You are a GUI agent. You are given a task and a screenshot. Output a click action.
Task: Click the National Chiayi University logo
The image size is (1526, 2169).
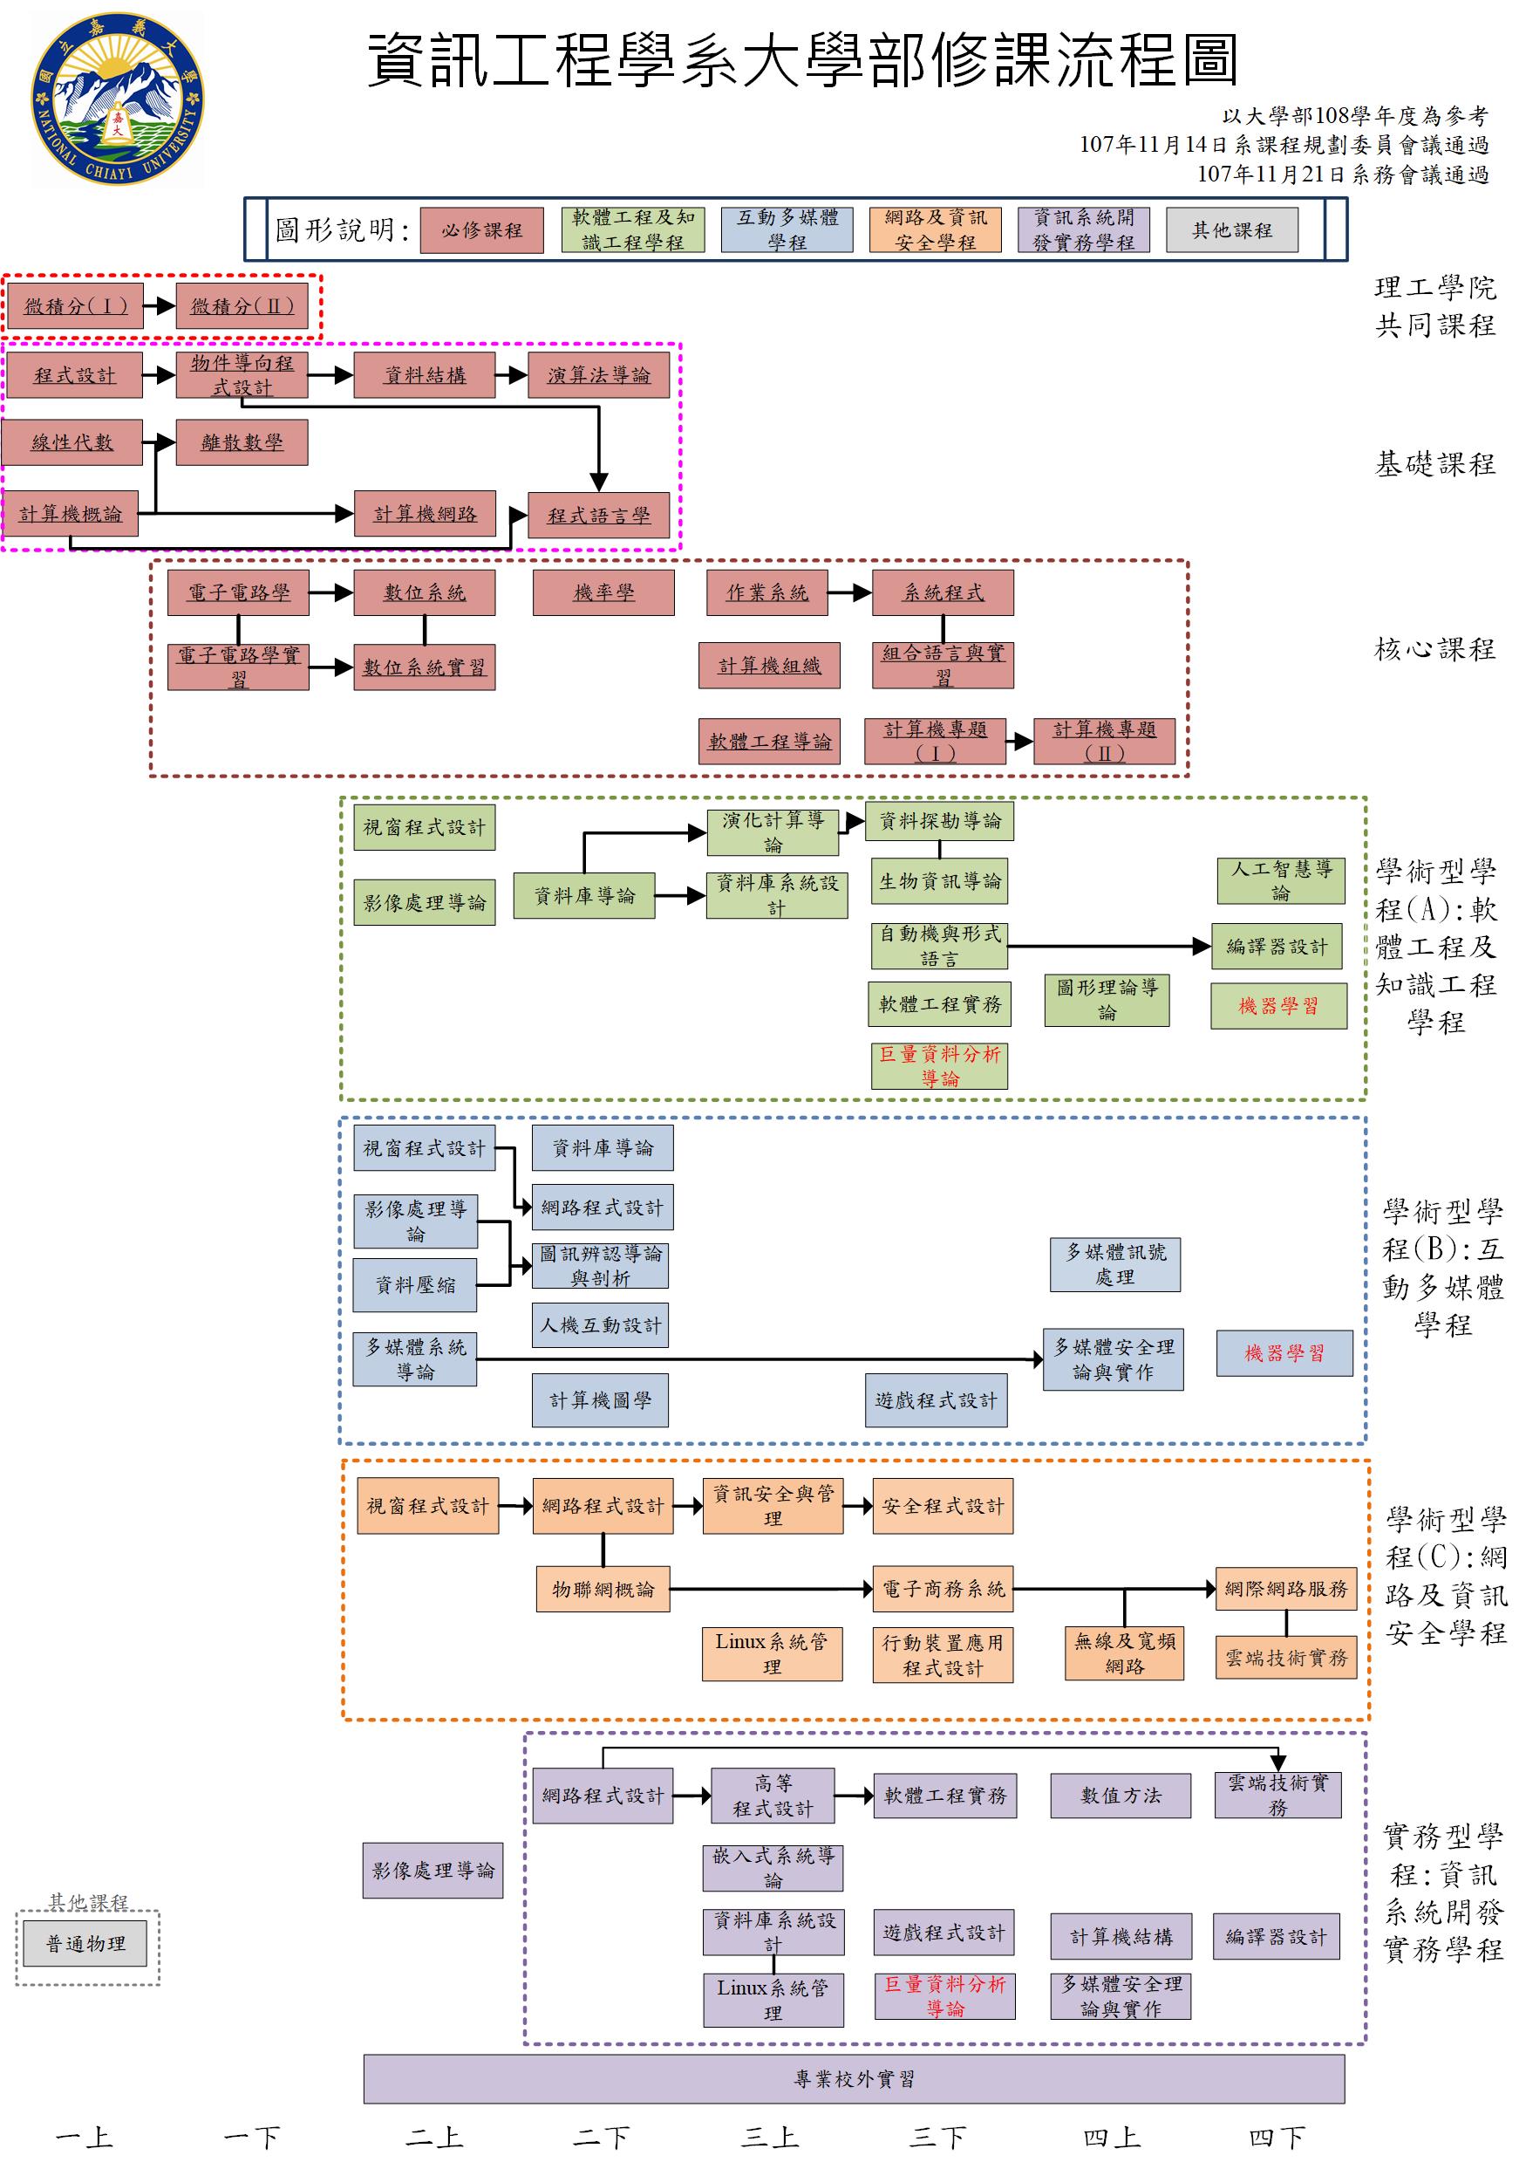tap(117, 99)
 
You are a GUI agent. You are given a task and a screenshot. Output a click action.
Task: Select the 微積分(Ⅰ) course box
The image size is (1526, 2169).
tap(75, 306)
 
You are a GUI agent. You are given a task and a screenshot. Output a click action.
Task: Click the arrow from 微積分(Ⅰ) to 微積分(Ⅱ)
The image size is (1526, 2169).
tap(160, 306)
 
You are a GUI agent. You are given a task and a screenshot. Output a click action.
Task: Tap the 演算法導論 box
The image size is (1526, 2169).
tap(599, 375)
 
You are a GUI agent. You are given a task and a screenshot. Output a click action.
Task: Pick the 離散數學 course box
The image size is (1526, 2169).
tap(242, 442)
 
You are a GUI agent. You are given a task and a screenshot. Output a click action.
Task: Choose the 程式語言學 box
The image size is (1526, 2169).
tap(599, 516)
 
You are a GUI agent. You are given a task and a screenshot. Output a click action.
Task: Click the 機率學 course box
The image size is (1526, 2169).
tap(603, 592)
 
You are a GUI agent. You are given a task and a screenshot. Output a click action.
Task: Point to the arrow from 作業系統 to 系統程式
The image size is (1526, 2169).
tap(850, 592)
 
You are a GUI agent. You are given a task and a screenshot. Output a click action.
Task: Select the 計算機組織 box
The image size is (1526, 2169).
tap(768, 666)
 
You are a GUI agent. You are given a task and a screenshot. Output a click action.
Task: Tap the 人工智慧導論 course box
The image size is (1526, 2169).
tap(1279, 880)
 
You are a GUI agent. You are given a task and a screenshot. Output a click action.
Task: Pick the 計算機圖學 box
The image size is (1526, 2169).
tap(600, 1400)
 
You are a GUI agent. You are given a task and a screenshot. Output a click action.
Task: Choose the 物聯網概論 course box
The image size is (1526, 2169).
tap(603, 1589)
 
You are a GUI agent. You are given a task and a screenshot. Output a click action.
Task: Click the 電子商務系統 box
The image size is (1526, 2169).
tap(943, 1589)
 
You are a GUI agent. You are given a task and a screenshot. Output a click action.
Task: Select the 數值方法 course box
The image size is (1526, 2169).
tap(1120, 1795)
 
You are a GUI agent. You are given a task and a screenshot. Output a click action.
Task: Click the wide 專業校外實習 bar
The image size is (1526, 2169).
tap(854, 2078)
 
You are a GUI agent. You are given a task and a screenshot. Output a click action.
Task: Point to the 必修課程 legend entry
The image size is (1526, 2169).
tap(481, 230)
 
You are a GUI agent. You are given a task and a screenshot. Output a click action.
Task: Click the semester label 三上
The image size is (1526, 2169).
tap(770, 2138)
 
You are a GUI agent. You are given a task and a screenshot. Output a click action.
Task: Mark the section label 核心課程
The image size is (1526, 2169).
tap(1434, 649)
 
